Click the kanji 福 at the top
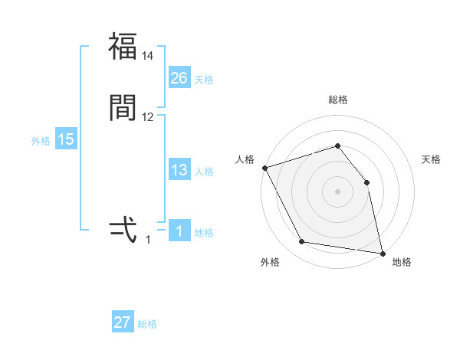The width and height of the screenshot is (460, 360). (x=123, y=46)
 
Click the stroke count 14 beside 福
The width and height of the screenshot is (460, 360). (x=148, y=56)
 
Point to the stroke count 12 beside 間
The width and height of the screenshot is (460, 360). (x=148, y=117)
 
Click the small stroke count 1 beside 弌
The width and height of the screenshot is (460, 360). (x=148, y=240)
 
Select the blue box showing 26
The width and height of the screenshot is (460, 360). (x=179, y=77)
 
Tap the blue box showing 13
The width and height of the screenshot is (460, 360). (x=179, y=170)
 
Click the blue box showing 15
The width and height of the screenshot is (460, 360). (x=66, y=139)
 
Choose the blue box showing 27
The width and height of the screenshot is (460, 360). (x=123, y=322)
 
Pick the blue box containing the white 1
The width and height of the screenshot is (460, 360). (x=179, y=231)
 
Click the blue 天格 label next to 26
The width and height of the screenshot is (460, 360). (x=204, y=80)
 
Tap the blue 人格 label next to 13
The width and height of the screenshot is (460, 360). (x=204, y=172)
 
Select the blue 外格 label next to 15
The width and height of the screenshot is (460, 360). (x=41, y=141)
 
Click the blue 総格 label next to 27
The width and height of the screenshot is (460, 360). (x=147, y=324)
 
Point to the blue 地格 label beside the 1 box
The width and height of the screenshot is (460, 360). (x=204, y=233)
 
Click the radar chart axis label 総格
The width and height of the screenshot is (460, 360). (x=338, y=100)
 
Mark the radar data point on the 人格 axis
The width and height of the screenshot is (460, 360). (x=264, y=167)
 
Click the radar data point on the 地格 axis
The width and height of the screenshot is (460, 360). (x=382, y=253)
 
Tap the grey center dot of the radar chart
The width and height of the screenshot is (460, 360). (x=338, y=191)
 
